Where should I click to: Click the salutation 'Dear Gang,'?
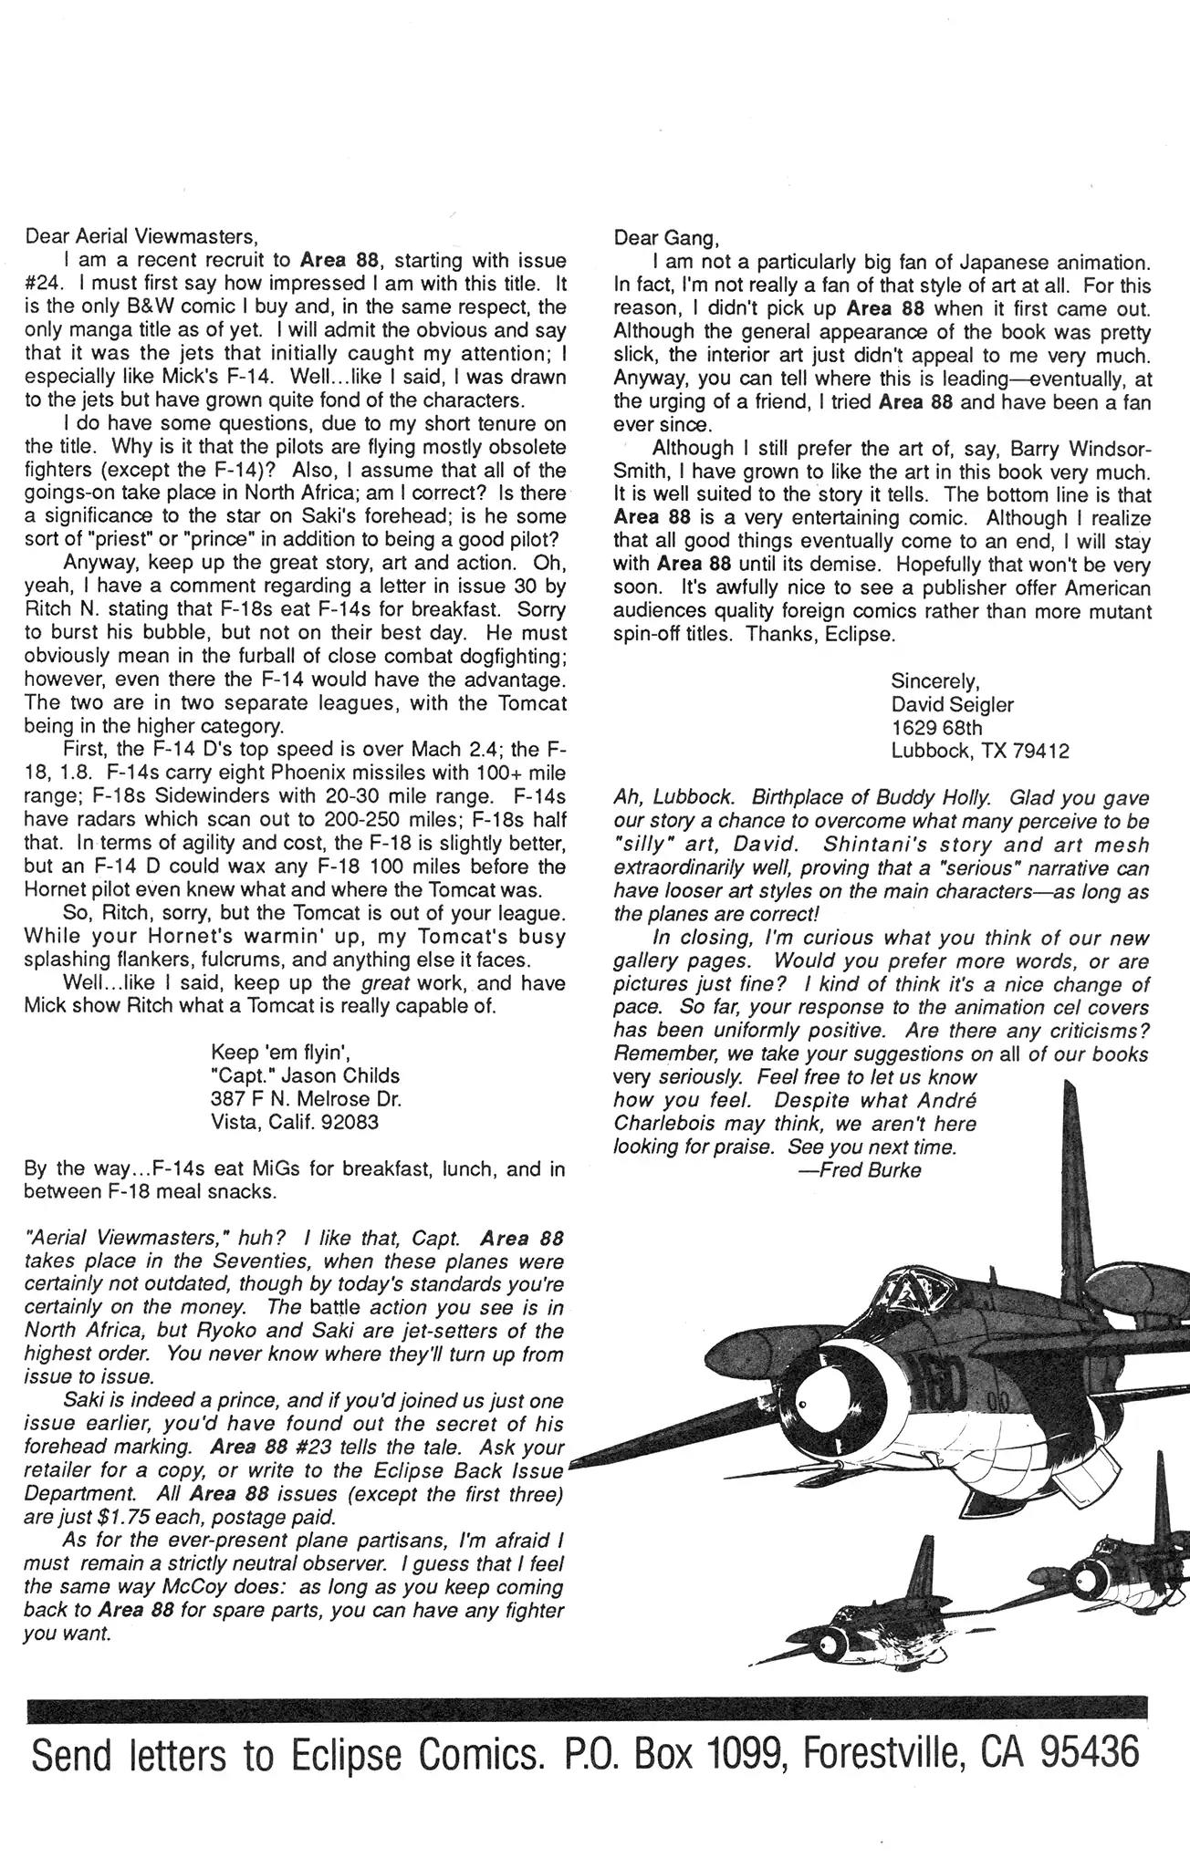(x=666, y=238)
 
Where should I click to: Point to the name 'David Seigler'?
(x=952, y=704)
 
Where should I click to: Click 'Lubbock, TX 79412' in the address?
(x=979, y=751)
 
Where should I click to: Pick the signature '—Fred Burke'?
(x=859, y=1170)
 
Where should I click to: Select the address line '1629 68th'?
(x=936, y=727)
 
